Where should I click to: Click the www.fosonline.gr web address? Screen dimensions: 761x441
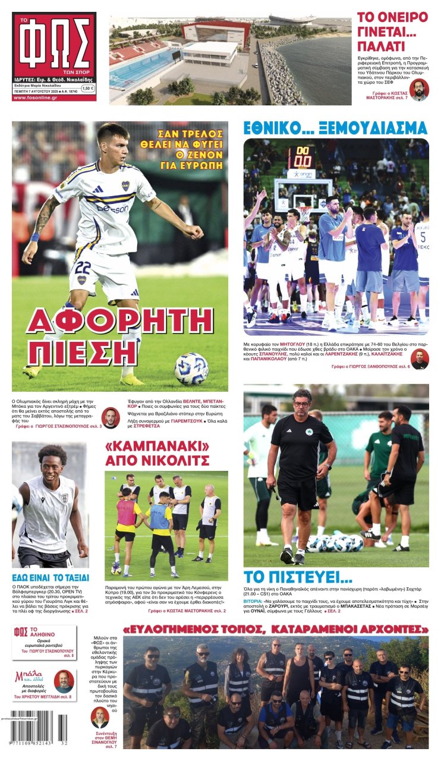click(35, 98)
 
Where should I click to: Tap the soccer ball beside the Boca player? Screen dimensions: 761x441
click(191, 369)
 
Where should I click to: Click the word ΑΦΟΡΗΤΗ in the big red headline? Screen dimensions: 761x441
click(119, 321)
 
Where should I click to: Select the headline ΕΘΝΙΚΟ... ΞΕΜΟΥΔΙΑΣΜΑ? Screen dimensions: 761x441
click(335, 128)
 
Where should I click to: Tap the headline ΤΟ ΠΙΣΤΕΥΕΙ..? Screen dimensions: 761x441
click(298, 576)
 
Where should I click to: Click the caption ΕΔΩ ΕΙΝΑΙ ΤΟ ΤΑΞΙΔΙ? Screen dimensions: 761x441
click(51, 577)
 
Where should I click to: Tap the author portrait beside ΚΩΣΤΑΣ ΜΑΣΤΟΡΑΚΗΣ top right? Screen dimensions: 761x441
click(418, 90)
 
